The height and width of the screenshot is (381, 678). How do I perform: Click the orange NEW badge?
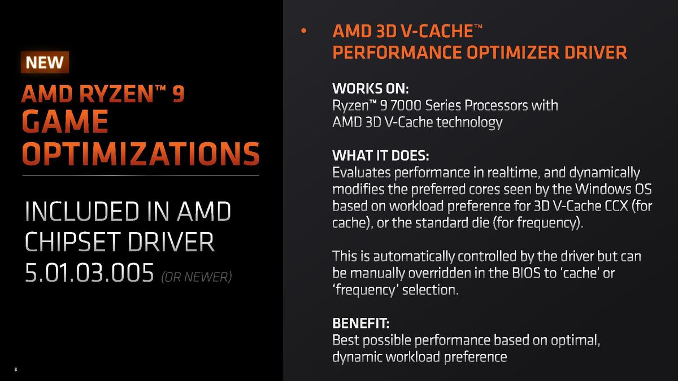click(45, 62)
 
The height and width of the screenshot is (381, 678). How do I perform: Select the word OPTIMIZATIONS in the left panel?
click(141, 154)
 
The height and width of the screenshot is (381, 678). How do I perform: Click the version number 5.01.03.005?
click(89, 274)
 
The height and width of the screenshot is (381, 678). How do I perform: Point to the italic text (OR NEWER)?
click(196, 277)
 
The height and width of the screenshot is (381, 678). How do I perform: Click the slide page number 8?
click(16, 370)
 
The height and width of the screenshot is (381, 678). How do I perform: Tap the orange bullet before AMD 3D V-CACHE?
click(303, 32)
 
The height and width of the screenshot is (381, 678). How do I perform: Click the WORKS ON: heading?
click(370, 90)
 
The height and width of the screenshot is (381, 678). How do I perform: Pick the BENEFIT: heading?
click(360, 324)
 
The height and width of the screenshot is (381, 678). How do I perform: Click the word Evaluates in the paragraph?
click(360, 172)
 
